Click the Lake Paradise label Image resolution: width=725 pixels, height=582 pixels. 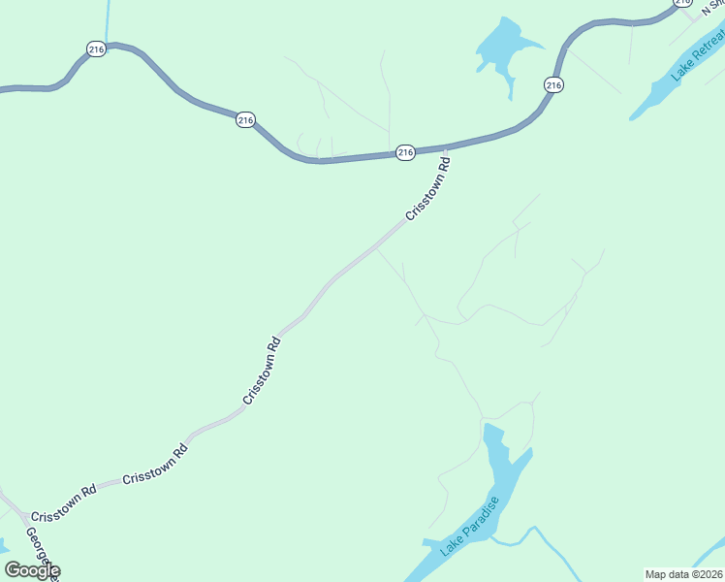(x=469, y=526)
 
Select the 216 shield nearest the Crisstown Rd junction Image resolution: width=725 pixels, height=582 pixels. (x=405, y=152)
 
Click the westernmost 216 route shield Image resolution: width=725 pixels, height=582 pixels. (x=95, y=49)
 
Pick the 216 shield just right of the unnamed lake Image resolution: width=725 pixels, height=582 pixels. (x=553, y=85)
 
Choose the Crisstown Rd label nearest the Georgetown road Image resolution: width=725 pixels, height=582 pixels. (x=64, y=490)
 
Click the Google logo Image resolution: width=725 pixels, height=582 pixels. (x=32, y=570)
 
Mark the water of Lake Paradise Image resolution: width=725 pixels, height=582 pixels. (x=504, y=466)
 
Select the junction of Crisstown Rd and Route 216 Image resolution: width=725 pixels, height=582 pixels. (x=446, y=149)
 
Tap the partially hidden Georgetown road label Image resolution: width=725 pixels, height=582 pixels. (x=42, y=551)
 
